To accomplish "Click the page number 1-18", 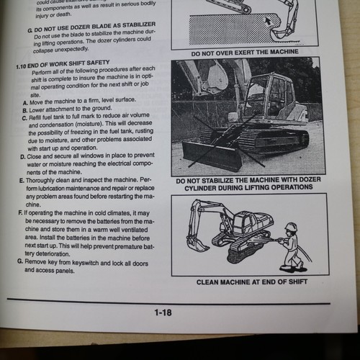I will (162, 312).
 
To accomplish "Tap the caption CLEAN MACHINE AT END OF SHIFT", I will (251, 282).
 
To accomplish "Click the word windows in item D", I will (101, 155).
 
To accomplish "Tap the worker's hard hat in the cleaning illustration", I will (292, 227).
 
